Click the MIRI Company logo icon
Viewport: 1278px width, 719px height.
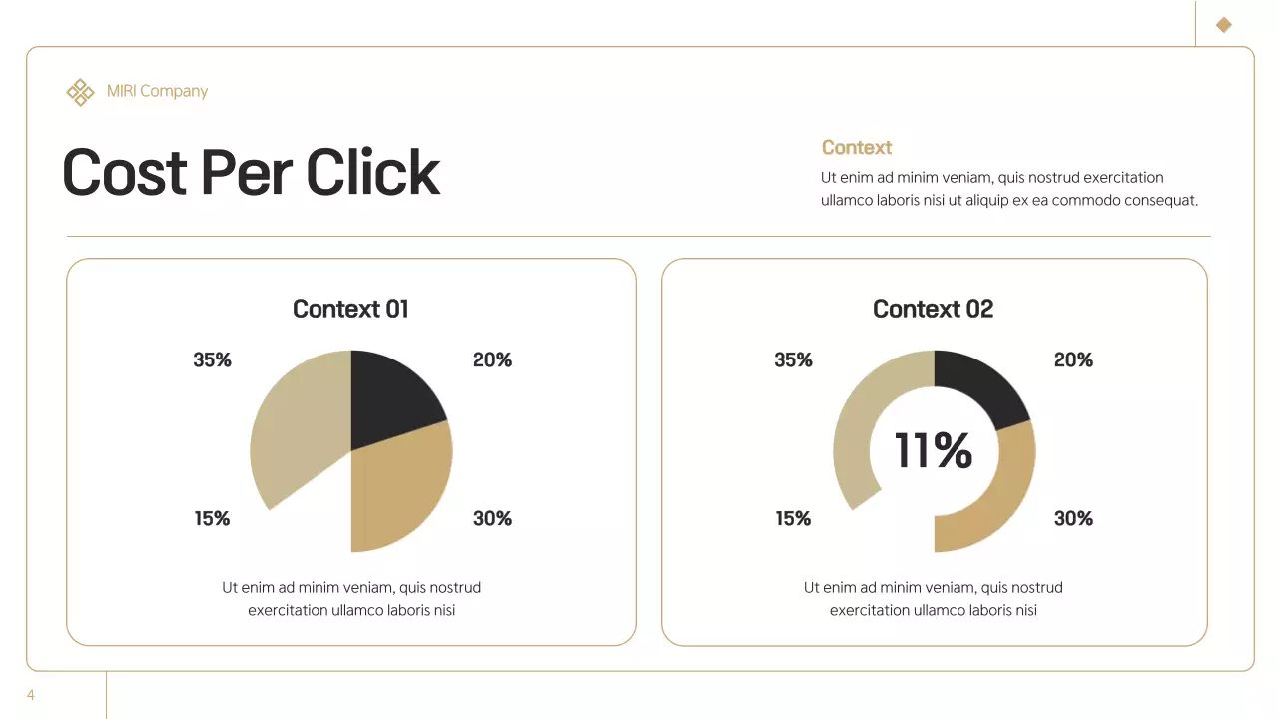[80, 92]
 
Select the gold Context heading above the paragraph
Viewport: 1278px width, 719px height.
[856, 148]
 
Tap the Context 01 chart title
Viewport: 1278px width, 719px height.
[350, 309]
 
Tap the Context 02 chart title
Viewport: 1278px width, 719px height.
[933, 309]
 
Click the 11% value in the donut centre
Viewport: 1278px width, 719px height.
[933, 450]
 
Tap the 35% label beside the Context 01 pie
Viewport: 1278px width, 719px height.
[212, 359]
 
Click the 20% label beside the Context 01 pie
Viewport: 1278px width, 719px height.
[492, 359]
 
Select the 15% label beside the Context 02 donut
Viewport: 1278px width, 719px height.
[793, 518]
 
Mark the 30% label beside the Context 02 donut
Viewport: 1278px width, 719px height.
[1073, 518]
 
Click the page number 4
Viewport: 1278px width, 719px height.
[31, 695]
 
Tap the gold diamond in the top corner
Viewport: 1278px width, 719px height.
[1224, 25]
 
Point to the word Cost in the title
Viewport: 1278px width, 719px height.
[125, 172]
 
